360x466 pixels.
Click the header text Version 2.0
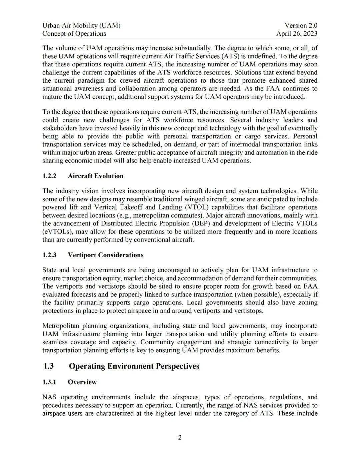(x=301, y=25)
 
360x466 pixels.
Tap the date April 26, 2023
(x=297, y=33)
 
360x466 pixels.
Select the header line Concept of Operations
(x=74, y=33)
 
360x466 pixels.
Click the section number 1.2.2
(x=49, y=176)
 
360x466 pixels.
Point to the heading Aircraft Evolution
(x=95, y=176)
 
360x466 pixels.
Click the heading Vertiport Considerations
(x=105, y=255)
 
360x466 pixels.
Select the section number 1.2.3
(x=49, y=255)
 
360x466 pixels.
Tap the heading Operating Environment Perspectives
(x=134, y=366)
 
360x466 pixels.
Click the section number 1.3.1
(x=49, y=382)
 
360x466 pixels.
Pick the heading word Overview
(x=82, y=382)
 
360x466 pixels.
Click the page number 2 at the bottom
(x=180, y=438)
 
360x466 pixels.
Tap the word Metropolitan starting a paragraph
(x=60, y=326)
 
